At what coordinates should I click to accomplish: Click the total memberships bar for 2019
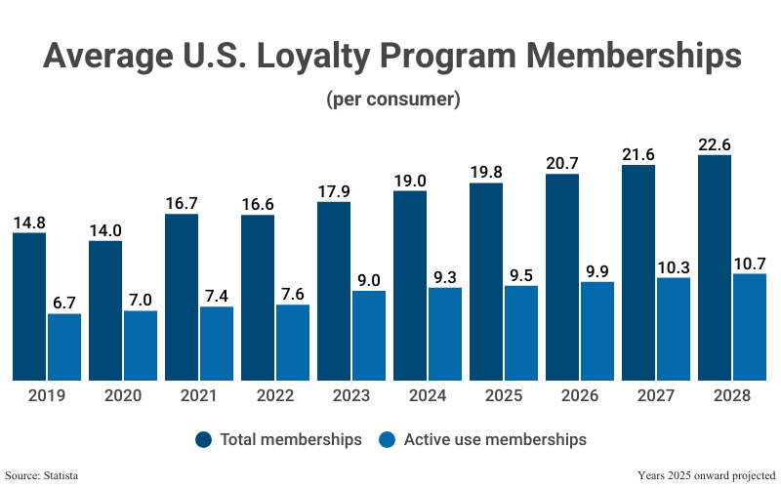[29, 306]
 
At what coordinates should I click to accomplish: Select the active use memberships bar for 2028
[750, 327]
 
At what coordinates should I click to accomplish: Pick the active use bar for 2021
[217, 344]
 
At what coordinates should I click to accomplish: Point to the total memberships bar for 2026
[562, 277]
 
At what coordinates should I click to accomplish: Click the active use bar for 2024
[445, 334]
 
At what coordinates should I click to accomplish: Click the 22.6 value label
[715, 144]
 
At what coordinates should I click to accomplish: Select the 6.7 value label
[64, 303]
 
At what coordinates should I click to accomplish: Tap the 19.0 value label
[410, 180]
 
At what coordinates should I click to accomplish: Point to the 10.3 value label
[674, 266]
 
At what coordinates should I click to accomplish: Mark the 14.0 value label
[105, 230]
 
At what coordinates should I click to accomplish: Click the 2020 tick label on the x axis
[123, 395]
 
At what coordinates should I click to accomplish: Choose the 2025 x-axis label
[504, 395]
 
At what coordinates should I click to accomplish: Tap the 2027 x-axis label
[656, 395]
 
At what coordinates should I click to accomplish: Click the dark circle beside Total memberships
[203, 439]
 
